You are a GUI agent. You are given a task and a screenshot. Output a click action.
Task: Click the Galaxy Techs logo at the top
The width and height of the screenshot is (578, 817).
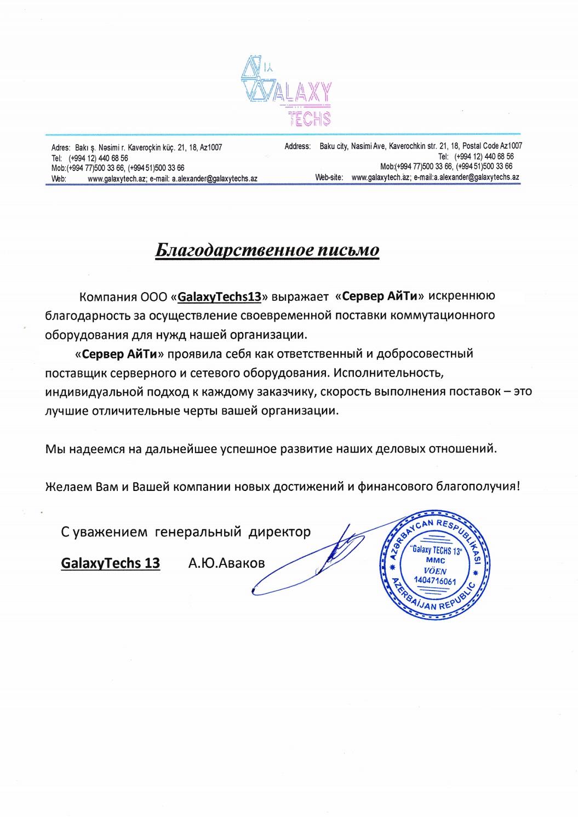[287, 91]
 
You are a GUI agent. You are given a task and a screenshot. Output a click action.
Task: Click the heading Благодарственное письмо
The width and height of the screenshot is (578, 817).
[267, 250]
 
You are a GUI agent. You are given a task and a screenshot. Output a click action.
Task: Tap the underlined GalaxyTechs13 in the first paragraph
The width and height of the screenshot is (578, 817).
[219, 297]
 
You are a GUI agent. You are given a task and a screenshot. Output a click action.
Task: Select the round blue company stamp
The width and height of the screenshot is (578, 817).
[434, 565]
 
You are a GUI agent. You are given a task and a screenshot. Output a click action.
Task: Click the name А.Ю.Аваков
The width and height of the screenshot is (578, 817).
[226, 563]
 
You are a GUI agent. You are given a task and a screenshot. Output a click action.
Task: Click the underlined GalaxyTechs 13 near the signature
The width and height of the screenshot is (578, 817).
[110, 563]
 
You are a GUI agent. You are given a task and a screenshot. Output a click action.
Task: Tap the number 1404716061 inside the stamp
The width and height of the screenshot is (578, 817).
[434, 581]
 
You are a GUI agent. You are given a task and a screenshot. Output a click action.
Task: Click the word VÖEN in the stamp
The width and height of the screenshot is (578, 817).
[435, 571]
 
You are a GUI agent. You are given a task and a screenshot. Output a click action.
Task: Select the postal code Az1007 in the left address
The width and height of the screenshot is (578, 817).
[211, 147]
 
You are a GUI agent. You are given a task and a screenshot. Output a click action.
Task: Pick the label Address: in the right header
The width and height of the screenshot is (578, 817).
[297, 146]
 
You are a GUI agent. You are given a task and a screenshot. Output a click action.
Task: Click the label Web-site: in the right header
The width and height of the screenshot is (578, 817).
[329, 178]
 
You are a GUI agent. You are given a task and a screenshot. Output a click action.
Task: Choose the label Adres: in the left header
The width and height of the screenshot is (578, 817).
[60, 147]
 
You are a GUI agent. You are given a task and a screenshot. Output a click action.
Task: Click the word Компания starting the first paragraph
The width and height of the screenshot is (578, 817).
[108, 297]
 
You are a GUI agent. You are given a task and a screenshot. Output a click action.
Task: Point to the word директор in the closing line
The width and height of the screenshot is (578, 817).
[279, 532]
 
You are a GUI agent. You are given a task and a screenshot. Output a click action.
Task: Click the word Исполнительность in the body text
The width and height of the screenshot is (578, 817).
[388, 373]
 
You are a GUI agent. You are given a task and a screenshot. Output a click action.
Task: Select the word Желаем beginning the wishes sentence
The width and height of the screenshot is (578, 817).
[68, 487]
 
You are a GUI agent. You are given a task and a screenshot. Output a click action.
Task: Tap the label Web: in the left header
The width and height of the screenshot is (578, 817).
[59, 179]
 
